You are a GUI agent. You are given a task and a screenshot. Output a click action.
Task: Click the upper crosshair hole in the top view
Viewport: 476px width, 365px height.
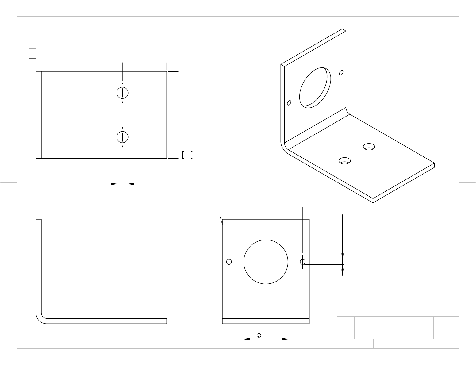click(x=122, y=92)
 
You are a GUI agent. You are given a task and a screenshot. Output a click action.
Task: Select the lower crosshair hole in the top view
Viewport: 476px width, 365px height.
click(x=122, y=137)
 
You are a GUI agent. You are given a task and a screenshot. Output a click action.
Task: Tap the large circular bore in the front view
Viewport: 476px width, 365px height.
click(x=266, y=262)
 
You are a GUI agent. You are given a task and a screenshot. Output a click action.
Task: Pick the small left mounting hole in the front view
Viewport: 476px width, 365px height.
click(x=229, y=262)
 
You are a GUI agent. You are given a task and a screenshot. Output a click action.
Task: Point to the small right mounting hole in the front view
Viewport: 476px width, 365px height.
click(x=303, y=262)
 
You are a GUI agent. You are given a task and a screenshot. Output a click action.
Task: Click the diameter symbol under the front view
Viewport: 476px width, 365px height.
click(x=259, y=336)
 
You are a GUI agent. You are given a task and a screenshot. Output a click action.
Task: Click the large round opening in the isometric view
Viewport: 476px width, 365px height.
click(x=315, y=87)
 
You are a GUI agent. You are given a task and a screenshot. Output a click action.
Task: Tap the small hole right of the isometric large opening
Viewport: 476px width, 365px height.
click(x=341, y=73)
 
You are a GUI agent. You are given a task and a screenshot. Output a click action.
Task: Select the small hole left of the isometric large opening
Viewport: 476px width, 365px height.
click(x=289, y=103)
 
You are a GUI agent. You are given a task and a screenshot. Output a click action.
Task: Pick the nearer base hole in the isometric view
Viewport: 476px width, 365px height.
click(x=345, y=161)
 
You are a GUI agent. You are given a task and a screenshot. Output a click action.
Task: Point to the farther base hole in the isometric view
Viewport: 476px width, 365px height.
click(x=369, y=147)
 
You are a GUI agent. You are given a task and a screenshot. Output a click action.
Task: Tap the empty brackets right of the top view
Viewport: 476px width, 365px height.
click(x=187, y=155)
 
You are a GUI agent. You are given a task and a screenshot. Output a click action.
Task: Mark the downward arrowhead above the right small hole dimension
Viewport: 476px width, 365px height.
click(x=342, y=256)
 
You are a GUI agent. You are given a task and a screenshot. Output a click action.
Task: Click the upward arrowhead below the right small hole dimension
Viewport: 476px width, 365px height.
click(x=342, y=267)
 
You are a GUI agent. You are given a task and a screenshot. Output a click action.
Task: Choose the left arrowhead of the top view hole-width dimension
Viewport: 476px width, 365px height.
click(x=114, y=184)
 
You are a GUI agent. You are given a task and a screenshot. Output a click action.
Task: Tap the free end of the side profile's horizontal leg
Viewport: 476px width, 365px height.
click(x=166, y=321)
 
